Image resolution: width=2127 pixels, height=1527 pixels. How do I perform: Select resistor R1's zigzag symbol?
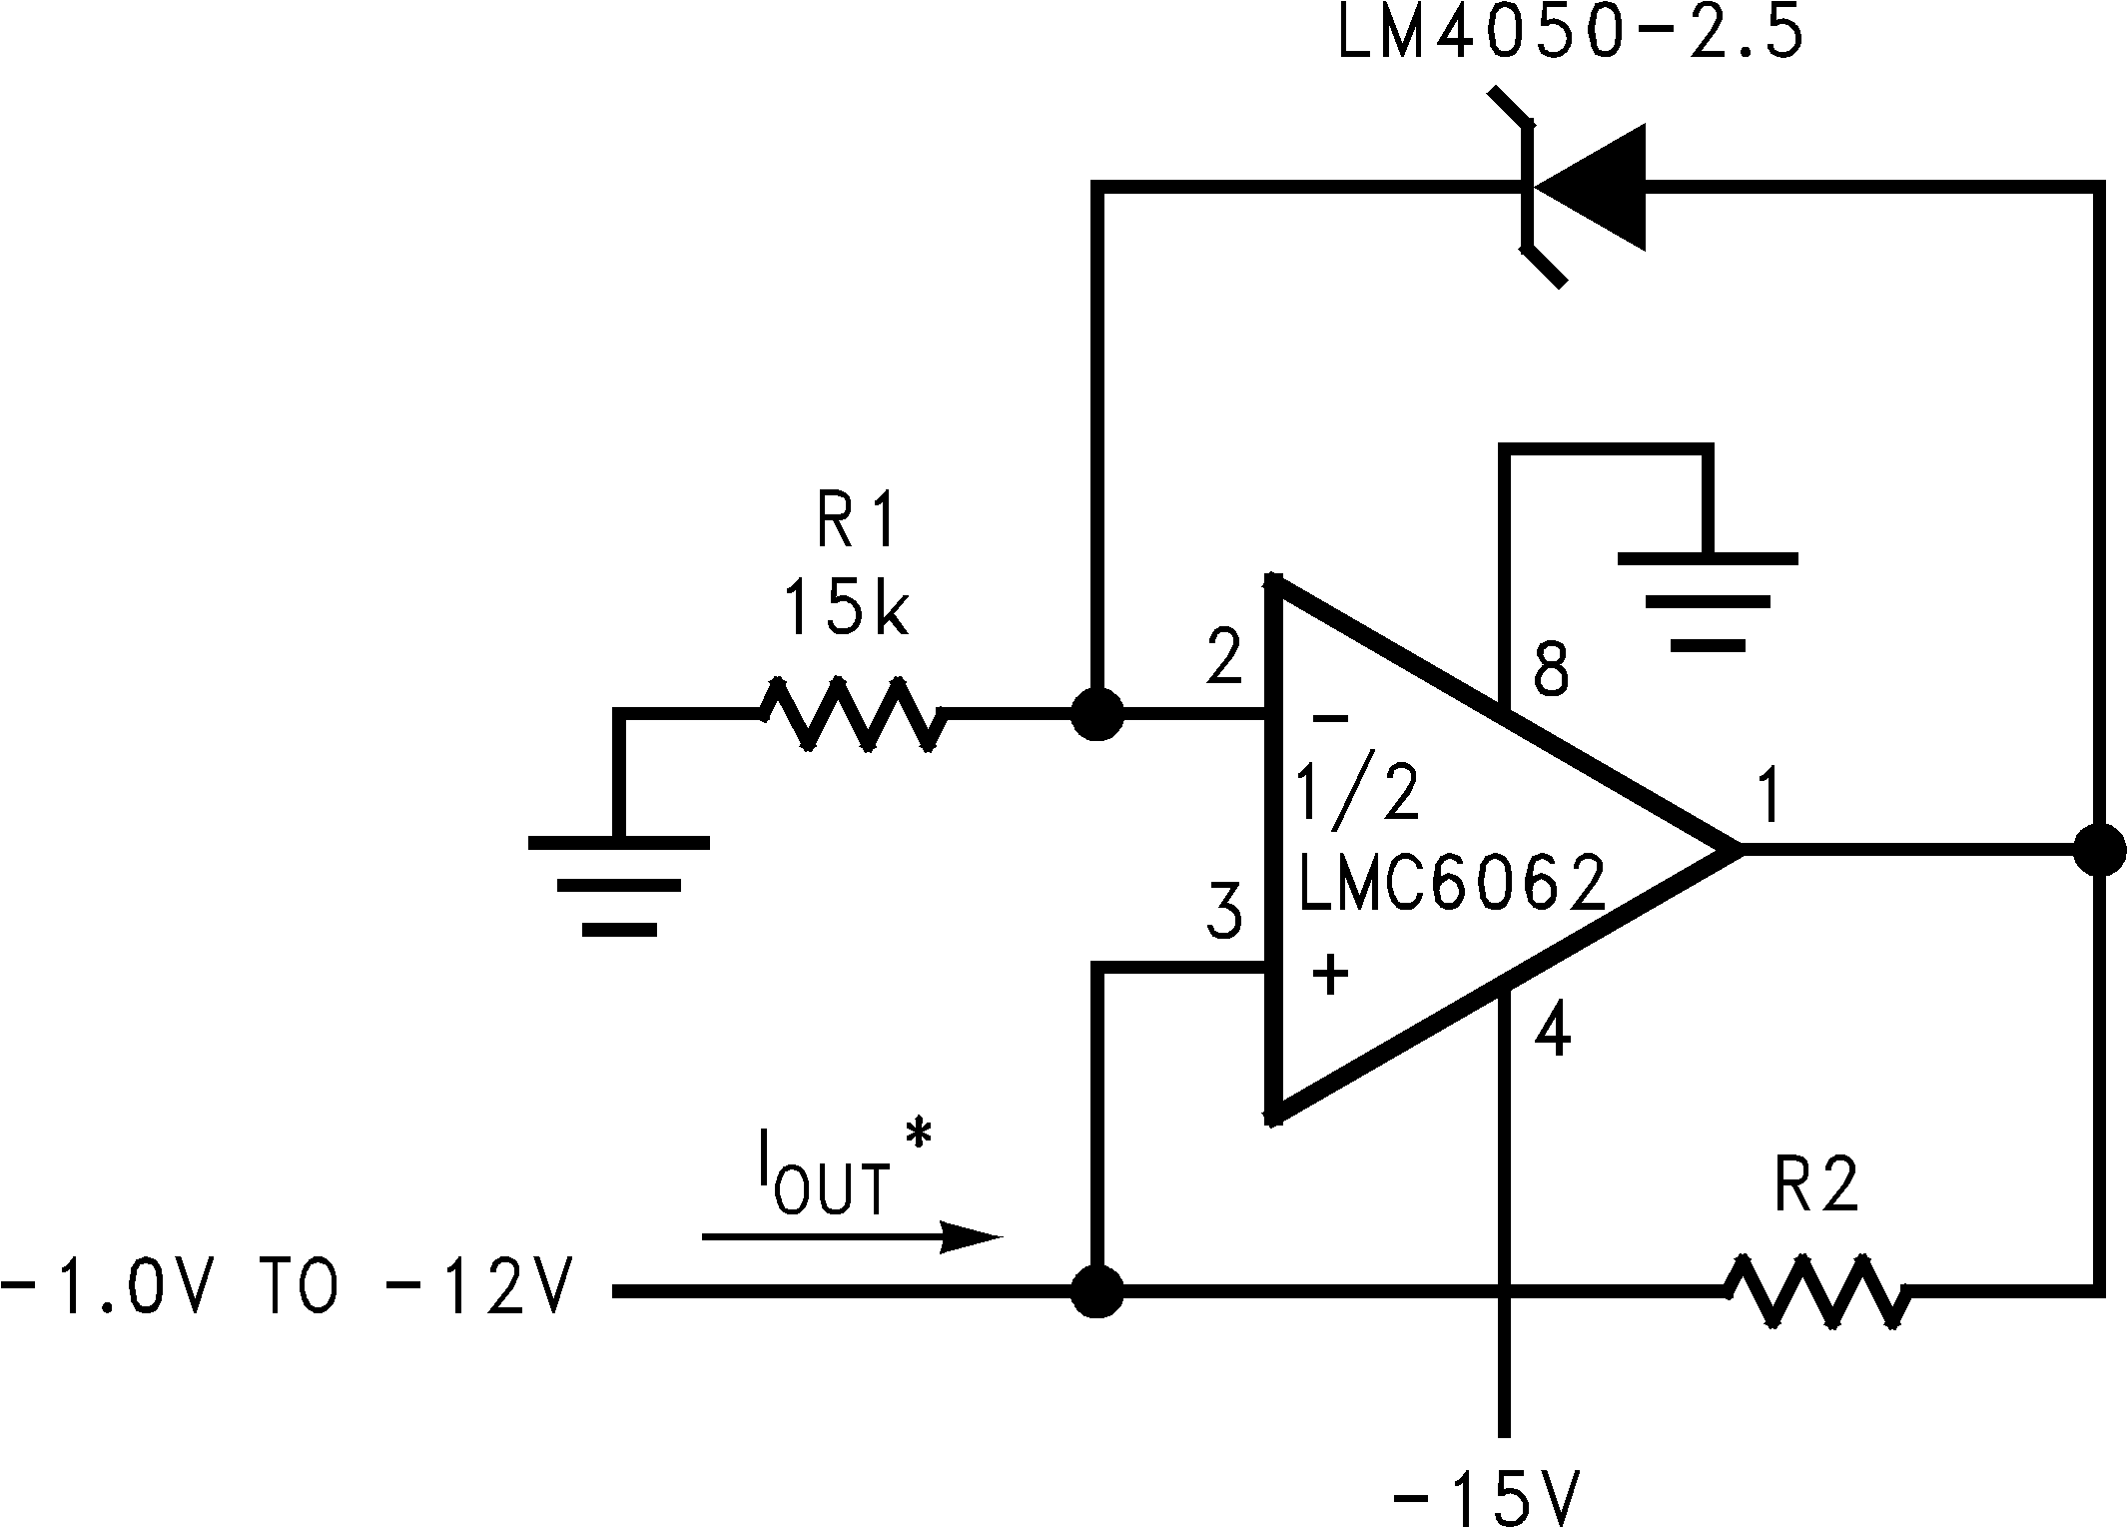[x=852, y=714]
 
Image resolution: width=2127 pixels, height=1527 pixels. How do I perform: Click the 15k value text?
[x=845, y=609]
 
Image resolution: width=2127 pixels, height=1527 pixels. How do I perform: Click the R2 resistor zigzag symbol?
[x=1816, y=1291]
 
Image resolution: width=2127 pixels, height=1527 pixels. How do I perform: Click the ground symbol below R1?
[x=619, y=885]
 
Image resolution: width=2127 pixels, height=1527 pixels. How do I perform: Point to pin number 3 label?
[x=1224, y=911]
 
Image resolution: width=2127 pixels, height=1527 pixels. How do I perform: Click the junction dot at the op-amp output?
[x=2099, y=850]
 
